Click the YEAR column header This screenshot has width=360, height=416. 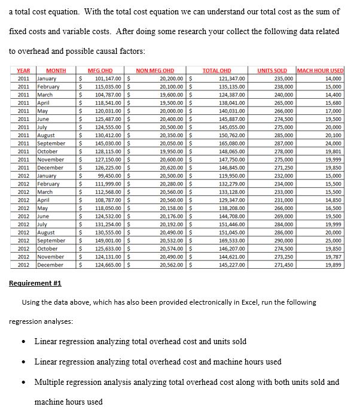[23, 71]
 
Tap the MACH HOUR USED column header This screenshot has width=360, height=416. [320, 71]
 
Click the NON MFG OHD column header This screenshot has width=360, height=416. [155, 71]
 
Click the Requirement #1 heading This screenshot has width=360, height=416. [35, 283]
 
